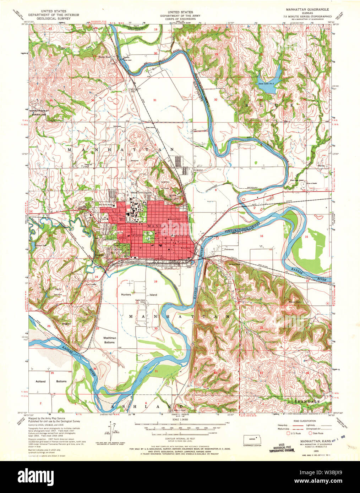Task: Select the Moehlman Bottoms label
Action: click(109, 340)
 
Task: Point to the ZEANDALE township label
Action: click(307, 401)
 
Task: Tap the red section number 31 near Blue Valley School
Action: click(155, 100)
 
